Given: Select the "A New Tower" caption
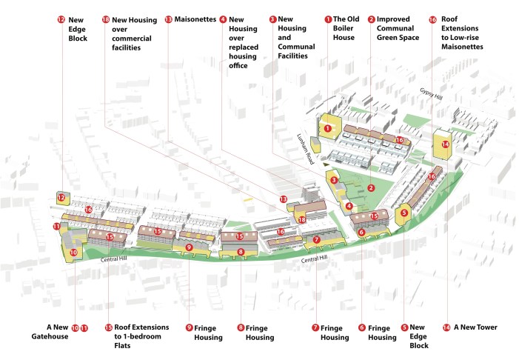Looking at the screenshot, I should [x=475, y=327].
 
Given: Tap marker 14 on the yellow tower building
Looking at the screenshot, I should [x=445, y=144].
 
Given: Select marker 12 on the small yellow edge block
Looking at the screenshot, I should [x=61, y=198].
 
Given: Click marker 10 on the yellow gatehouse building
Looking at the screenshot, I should [x=73, y=253].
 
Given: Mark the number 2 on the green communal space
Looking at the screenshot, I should [x=370, y=188].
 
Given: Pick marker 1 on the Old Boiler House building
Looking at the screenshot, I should [x=328, y=127].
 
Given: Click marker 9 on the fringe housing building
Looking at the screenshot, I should [x=189, y=247].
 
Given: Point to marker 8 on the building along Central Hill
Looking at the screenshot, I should [x=241, y=253].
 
